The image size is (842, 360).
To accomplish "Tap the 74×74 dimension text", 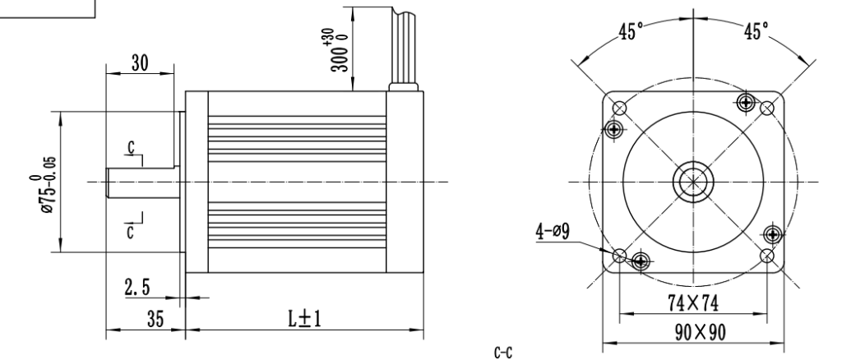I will [693, 302].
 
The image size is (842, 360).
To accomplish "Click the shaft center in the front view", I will [693, 181].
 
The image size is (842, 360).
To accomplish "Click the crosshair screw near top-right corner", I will [746, 102].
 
